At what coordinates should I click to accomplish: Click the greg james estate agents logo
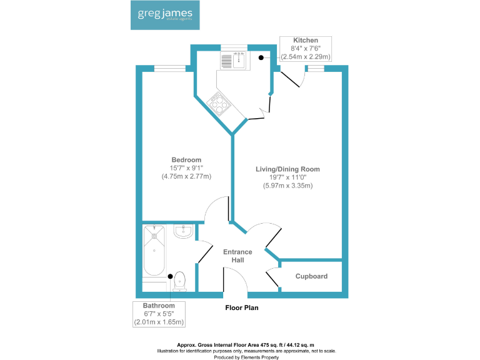tap(165, 15)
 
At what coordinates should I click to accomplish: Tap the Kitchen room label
tap(306, 39)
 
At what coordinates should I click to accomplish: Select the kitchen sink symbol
tap(233, 61)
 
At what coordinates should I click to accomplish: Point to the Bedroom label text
tap(186, 160)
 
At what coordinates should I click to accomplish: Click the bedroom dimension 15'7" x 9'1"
tap(186, 168)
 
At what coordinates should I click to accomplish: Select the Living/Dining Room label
tap(287, 169)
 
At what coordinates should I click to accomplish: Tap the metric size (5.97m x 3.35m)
tap(287, 185)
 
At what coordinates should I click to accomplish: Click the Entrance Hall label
tap(238, 256)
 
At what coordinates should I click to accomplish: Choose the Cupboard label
tap(311, 276)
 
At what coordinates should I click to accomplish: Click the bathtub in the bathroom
tap(154, 251)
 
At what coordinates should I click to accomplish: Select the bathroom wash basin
tap(183, 231)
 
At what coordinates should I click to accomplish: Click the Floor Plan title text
tap(241, 307)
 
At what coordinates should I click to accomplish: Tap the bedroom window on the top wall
tap(170, 68)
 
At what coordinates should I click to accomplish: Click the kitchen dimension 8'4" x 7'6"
tap(306, 47)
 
